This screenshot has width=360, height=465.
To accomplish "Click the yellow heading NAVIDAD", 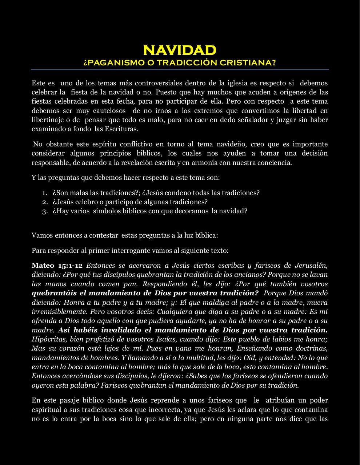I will click(x=180, y=50).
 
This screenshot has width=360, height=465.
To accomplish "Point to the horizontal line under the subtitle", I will click(x=180, y=70).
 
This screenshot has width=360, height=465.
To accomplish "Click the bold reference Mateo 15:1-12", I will click(x=57, y=266).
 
